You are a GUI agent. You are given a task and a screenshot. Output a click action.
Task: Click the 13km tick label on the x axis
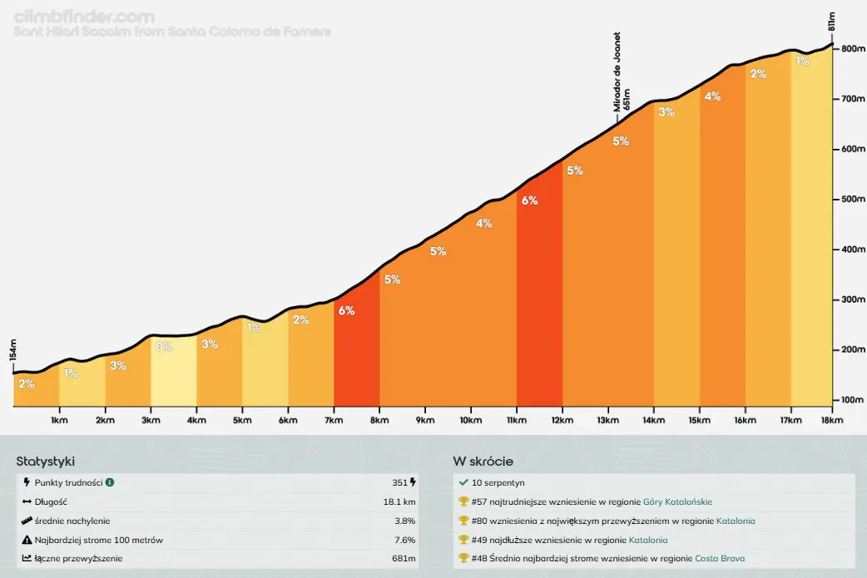[608, 420]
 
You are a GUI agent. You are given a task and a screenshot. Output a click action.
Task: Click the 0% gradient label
[164, 347]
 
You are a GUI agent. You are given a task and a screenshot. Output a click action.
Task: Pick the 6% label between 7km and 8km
[346, 310]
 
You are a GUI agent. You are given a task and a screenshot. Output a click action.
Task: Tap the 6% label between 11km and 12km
[529, 200]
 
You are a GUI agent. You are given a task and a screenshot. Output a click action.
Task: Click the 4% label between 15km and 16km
[712, 96]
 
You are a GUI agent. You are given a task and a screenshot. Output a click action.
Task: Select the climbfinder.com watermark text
[84, 16]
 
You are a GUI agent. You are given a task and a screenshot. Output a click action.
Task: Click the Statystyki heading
[51, 462]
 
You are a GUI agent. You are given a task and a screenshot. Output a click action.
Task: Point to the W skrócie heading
[483, 462]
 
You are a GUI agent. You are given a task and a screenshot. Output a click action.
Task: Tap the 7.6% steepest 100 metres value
[405, 540]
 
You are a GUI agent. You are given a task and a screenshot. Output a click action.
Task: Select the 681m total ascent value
[404, 558]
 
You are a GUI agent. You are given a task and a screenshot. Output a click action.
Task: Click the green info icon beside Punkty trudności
[110, 482]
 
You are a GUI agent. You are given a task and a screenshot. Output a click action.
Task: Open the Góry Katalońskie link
[677, 501]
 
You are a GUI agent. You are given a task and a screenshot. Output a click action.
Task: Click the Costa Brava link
[720, 558]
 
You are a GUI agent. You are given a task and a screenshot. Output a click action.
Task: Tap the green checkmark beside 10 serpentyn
[463, 482]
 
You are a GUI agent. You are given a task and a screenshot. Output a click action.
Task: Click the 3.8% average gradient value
[405, 521]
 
